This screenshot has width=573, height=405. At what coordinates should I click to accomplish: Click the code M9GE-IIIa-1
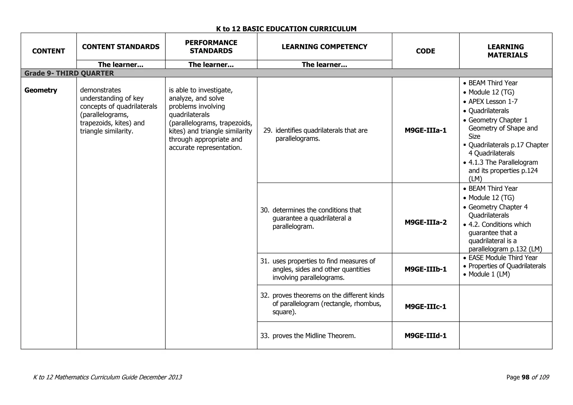(425, 130)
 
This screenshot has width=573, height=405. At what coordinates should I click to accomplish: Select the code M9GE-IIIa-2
(425, 222)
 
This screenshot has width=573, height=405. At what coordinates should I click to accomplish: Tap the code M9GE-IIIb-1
(425, 269)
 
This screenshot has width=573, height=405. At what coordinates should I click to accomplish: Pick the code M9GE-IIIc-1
(425, 307)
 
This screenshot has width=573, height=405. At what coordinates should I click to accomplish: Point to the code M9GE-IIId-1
(425, 336)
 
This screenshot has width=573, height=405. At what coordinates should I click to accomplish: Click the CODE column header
(425, 51)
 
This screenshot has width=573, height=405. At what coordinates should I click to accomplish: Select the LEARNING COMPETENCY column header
(324, 47)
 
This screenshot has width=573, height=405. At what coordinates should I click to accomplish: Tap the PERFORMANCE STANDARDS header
(211, 47)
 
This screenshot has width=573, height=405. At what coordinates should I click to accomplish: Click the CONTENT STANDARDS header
(121, 47)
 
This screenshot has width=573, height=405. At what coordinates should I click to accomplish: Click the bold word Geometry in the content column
(41, 90)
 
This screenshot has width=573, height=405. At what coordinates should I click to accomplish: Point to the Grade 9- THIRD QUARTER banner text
(69, 73)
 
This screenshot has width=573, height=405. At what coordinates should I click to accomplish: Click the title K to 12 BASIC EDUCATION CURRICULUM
(286, 29)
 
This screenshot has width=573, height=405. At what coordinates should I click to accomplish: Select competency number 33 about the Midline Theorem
(314, 336)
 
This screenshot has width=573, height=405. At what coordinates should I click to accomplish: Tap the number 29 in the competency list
(267, 131)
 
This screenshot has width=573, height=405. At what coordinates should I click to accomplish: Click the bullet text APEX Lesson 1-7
(493, 102)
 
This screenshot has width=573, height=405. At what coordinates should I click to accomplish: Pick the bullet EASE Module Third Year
(503, 258)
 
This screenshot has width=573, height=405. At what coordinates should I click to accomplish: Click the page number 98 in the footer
(525, 377)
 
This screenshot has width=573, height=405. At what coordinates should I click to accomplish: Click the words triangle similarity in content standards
(106, 131)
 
